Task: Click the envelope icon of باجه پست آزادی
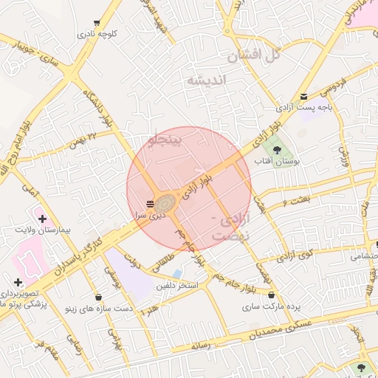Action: coord(304,96)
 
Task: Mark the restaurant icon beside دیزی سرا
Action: coord(151,203)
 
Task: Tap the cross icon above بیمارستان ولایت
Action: coord(42,219)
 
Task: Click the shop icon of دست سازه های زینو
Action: coord(99,297)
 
